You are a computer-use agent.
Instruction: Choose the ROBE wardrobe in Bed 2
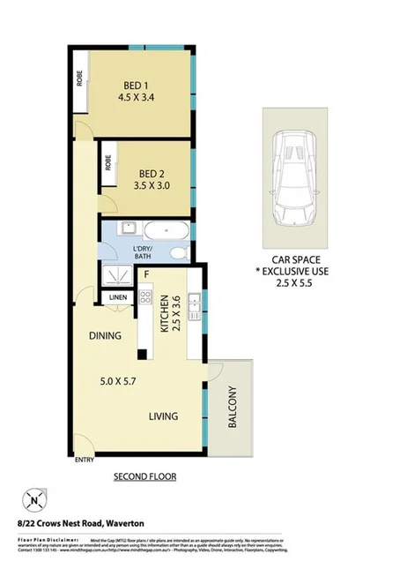pos(108,164)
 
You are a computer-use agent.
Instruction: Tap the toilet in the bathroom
pos(180,253)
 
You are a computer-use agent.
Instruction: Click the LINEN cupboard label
pos(119,298)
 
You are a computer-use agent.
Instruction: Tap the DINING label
pos(104,336)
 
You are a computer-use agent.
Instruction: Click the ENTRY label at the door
pos(85,460)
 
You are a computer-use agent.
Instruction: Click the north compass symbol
pos(34,501)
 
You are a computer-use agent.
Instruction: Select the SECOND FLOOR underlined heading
pos(144,476)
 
